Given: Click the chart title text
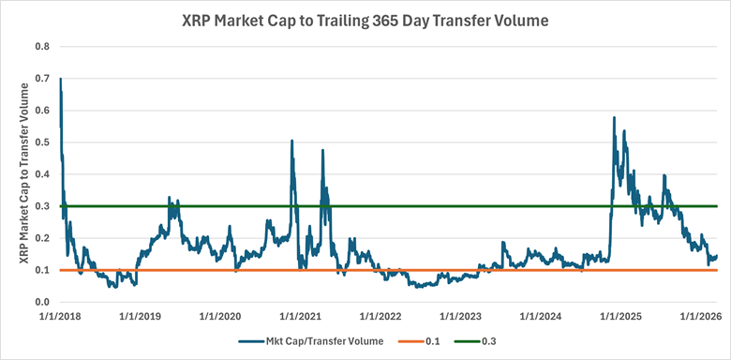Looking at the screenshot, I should (x=365, y=20).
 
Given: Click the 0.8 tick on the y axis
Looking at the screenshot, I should (x=42, y=45).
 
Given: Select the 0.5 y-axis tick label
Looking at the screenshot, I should (x=42, y=142).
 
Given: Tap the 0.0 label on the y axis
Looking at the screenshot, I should (x=42, y=302).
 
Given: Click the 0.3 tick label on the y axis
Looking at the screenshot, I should (x=42, y=205).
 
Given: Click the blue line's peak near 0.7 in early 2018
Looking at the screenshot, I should (x=61, y=79).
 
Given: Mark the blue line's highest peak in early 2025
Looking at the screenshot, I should (x=614, y=117).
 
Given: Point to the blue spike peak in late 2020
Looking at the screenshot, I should (x=292, y=141).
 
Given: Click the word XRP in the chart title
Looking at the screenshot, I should (x=201, y=20).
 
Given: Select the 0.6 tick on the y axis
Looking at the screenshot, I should (x=42, y=110).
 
